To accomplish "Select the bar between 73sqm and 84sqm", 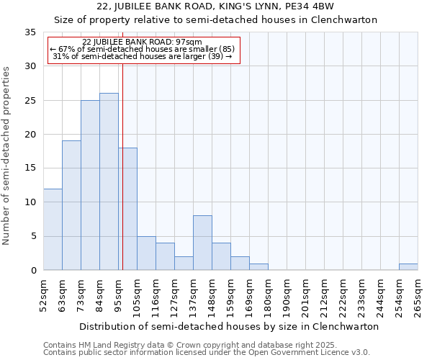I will (x=90, y=185).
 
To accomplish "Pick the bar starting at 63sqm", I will (x=71, y=205).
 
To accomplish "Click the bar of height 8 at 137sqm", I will (x=202, y=243).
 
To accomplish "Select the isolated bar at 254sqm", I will (x=408, y=267).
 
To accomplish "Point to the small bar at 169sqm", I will (x=258, y=267).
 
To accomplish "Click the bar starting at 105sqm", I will (x=146, y=253).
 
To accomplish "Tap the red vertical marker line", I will (x=123, y=180).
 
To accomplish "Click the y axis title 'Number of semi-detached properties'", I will (x=7, y=155).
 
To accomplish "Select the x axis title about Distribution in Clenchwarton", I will (x=229, y=326).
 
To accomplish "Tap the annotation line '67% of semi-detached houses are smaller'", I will (x=143, y=49).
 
